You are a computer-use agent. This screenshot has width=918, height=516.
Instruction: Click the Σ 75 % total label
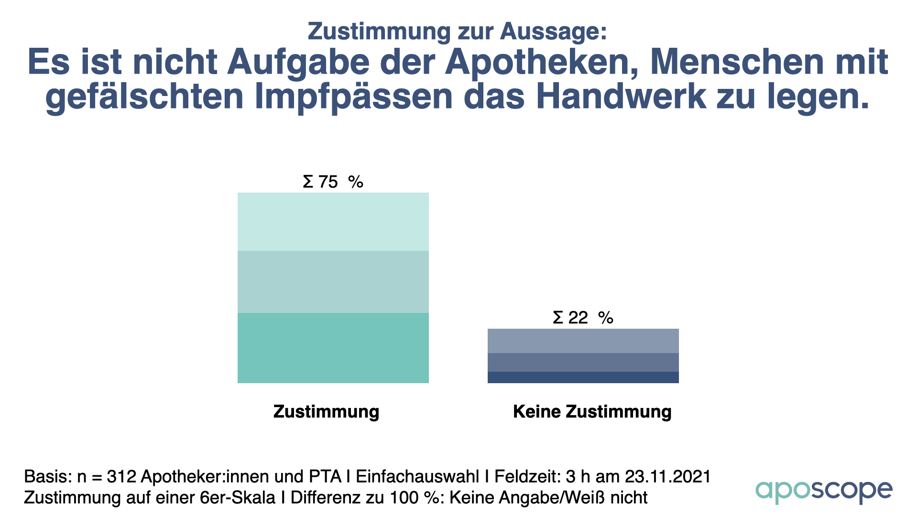[333, 182]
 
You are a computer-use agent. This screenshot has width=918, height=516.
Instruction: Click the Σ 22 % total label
[583, 318]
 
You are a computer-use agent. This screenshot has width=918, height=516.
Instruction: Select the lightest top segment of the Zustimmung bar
[333, 222]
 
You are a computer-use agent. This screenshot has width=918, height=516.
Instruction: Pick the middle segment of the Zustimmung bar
[333, 282]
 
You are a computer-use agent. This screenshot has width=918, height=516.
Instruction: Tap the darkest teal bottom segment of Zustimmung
[333, 348]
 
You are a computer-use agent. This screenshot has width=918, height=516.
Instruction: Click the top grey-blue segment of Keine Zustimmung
[583, 341]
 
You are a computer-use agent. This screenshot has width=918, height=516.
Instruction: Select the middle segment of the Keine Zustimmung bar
[583, 362]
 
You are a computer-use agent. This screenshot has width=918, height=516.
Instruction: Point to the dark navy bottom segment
[583, 377]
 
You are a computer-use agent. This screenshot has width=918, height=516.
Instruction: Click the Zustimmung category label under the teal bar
[326, 412]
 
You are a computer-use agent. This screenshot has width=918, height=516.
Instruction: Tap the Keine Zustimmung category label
[592, 412]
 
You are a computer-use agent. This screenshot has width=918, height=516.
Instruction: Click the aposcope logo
[823, 491]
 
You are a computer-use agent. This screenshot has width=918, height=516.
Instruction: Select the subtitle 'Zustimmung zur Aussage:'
[457, 32]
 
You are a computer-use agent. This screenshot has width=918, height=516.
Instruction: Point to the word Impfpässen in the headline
[353, 97]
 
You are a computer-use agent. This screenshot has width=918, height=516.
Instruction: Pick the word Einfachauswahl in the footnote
[417, 476]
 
